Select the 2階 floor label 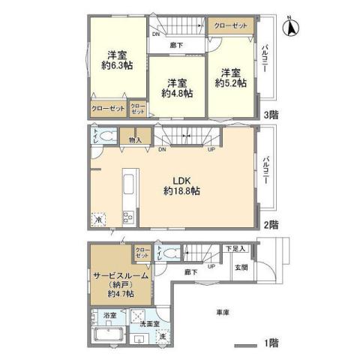pyautogui.click(x=271, y=224)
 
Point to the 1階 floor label pyautogui.click(x=270, y=343)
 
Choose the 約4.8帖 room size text pyautogui.click(x=177, y=94)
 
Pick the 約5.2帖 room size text pyautogui.click(x=230, y=83)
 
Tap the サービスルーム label pyautogui.click(x=121, y=275)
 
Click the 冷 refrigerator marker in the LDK pyautogui.click(x=97, y=220)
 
